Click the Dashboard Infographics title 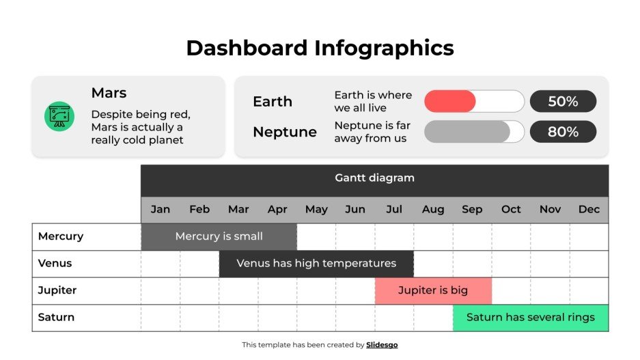pos(320,48)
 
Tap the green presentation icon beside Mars pos(59,116)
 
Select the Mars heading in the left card pos(109,93)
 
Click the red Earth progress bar pos(450,102)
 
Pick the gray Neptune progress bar pos(467,132)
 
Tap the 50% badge pos(563,102)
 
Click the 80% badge pos(563,132)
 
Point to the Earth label pos(272,102)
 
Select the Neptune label pos(284,132)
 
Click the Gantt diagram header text pos(374,178)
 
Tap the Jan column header pos(161,210)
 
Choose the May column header pos(316,210)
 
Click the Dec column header pos(589,210)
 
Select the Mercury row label pos(61,236)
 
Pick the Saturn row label pos(56,318)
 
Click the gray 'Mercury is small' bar pos(219,236)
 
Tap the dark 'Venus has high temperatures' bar pos(316,264)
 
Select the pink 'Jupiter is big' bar pos(433,290)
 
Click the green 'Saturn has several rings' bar pos(530,318)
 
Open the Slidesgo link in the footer pos(382,345)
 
